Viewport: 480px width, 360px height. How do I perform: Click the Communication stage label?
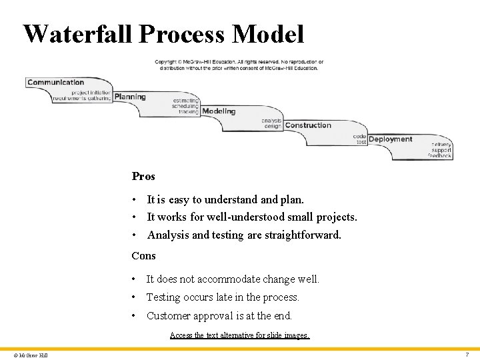[x=56, y=83]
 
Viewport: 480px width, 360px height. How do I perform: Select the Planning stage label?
[x=130, y=97]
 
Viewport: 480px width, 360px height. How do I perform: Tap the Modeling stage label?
[x=219, y=111]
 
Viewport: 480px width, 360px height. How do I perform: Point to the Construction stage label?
[x=308, y=125]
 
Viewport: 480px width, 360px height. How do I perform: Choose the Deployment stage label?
[x=390, y=139]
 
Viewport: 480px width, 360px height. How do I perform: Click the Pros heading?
[x=143, y=177]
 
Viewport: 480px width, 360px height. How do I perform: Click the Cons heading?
[x=143, y=256]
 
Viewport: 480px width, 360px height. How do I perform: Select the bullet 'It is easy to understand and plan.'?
[x=225, y=199]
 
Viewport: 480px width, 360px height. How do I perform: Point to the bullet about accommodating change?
[x=233, y=279]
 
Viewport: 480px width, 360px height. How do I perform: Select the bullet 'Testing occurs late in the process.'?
[x=223, y=297]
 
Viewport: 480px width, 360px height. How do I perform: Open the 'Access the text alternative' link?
[x=240, y=335]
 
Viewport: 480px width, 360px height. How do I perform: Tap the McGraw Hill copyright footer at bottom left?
[x=31, y=355]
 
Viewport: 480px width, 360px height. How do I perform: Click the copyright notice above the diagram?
[x=239, y=65]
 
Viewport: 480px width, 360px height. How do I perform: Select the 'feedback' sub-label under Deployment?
[x=441, y=156]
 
